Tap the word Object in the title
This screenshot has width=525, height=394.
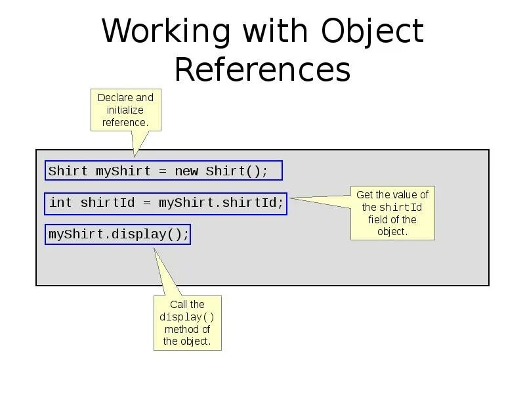(x=372, y=32)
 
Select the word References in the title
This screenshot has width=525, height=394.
(x=262, y=70)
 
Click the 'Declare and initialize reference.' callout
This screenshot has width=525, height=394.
(x=125, y=110)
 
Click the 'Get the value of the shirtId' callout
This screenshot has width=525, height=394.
(x=392, y=213)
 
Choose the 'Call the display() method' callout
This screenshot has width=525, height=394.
(x=187, y=322)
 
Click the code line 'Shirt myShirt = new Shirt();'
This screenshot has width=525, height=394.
(x=163, y=171)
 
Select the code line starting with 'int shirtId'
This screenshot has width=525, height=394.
(x=166, y=202)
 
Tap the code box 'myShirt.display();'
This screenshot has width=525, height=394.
(x=118, y=234)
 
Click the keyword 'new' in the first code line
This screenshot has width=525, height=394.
(x=186, y=171)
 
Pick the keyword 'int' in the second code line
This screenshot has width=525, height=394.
(x=60, y=202)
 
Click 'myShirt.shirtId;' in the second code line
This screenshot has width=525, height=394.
(x=221, y=202)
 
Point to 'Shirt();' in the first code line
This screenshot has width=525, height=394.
(x=237, y=171)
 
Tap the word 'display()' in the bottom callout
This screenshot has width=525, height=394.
(x=187, y=317)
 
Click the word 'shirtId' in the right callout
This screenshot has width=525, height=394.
(x=400, y=208)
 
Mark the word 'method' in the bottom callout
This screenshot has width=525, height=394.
(x=187, y=329)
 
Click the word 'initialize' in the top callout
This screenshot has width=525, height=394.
(x=125, y=110)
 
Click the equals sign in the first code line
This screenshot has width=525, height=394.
(x=163, y=171)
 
